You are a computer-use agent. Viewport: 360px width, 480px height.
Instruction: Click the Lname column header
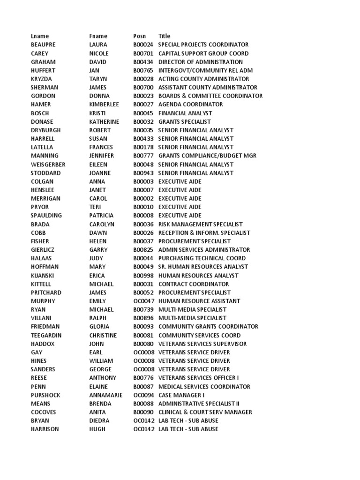click(40, 36)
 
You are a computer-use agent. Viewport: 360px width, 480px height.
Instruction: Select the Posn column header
click(139, 36)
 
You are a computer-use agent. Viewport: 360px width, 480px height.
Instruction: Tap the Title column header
click(164, 36)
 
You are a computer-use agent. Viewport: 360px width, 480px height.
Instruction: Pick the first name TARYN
click(98, 79)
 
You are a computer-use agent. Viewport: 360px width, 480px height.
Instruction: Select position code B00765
click(143, 70)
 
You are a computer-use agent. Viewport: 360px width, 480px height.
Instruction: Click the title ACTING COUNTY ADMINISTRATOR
click(203, 79)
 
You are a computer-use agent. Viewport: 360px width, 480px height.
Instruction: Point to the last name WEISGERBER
click(48, 165)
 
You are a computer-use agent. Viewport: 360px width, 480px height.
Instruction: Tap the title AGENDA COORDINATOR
click(190, 105)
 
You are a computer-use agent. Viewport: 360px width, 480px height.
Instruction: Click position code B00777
click(143, 156)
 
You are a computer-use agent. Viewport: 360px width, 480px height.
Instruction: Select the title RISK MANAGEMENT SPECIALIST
click(200, 224)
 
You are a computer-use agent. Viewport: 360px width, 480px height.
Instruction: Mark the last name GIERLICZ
click(43, 250)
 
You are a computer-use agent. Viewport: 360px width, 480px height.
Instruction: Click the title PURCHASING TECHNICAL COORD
click(202, 258)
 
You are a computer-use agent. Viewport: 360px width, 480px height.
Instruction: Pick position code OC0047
click(143, 301)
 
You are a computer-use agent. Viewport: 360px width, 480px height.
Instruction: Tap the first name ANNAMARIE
click(106, 395)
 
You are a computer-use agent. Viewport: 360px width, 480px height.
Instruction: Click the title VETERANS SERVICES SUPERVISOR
click(202, 344)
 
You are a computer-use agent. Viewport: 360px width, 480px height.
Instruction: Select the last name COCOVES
click(43, 412)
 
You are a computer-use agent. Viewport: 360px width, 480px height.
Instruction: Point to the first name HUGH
click(97, 429)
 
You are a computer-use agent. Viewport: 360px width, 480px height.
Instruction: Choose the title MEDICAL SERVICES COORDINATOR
click(205, 387)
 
